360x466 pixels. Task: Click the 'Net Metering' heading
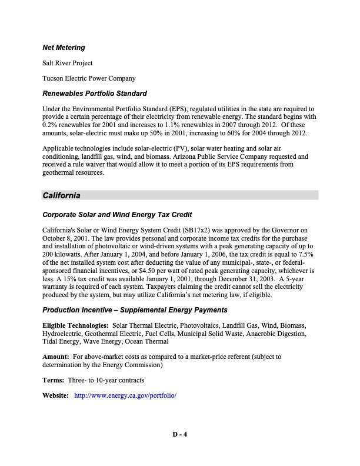[x=64, y=47]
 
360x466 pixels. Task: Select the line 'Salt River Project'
[x=68, y=63]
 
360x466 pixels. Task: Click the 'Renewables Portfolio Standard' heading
[x=94, y=94]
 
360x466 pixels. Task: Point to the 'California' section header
[x=61, y=195]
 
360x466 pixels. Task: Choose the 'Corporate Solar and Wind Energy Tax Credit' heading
[x=118, y=215]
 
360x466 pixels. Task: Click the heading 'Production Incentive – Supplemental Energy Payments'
[x=135, y=310]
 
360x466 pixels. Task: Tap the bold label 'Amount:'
[x=55, y=357]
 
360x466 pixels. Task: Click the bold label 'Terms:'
[x=54, y=380]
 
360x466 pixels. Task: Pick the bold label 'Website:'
[x=56, y=395]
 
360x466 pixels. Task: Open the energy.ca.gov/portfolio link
[x=126, y=395]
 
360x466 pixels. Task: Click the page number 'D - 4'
[x=179, y=435]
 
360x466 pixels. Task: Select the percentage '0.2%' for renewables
[x=51, y=125]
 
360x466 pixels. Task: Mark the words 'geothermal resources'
[x=73, y=174]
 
